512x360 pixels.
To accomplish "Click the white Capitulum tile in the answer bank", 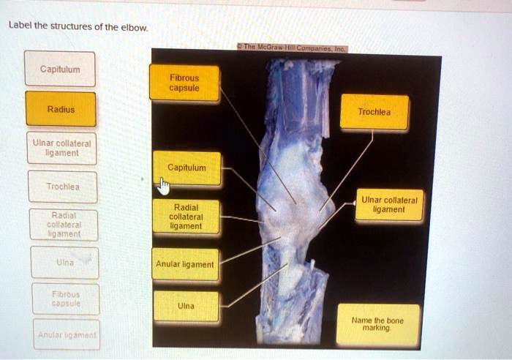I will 60,69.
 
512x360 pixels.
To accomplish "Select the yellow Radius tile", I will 60,109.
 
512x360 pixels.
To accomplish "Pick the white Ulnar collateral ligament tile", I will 60,148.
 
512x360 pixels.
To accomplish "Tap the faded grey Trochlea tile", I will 60,187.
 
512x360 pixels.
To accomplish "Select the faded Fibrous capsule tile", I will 64,298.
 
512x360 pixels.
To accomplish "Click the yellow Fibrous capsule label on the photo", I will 184,82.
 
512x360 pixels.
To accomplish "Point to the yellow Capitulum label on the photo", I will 187,168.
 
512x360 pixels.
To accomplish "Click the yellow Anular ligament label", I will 184,264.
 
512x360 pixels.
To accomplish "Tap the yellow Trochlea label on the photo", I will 374,112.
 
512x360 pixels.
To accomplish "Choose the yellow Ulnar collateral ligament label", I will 388,204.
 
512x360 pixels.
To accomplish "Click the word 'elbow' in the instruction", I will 135,28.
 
